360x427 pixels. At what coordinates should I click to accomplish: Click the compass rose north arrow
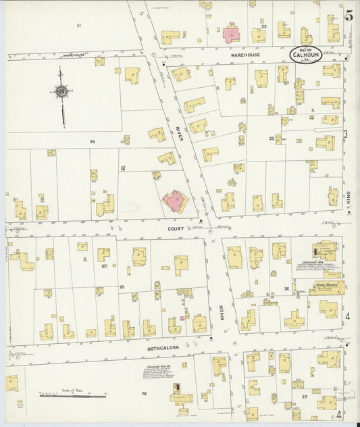tap(61, 91)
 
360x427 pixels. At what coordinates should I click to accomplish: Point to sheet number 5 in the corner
tap(349, 16)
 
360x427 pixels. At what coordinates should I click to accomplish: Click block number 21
tap(78, 26)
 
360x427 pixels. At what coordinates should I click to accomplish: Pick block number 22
tap(264, 27)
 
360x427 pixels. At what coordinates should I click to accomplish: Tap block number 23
tap(272, 139)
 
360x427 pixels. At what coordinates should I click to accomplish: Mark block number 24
tap(92, 142)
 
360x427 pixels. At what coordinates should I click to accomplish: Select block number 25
tap(122, 287)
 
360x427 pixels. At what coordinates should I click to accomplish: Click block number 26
tap(286, 289)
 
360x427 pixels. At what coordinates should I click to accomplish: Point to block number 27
tap(314, 391)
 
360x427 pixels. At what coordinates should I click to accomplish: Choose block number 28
tap(143, 393)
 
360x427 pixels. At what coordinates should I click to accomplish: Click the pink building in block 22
tap(231, 34)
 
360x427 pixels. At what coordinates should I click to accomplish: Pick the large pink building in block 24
tap(174, 201)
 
